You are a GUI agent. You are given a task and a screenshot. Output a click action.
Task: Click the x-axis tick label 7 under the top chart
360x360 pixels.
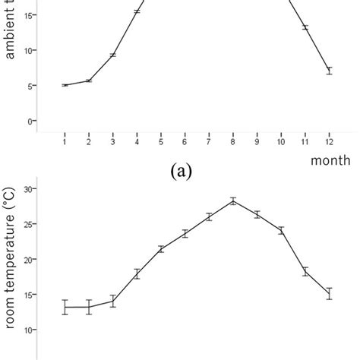tap(209, 142)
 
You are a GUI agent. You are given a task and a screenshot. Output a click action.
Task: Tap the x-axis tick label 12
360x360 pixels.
tap(329, 142)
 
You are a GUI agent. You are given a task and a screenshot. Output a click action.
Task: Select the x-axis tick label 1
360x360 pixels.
tap(65, 142)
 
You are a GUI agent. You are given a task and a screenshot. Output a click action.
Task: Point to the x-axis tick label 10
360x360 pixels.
tap(280, 142)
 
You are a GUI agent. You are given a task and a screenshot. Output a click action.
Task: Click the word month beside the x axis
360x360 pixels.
tap(330, 159)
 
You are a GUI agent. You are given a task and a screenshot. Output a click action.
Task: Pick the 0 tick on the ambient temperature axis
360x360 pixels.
tap(33, 122)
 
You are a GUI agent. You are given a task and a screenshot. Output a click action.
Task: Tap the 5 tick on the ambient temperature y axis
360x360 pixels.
tap(33, 86)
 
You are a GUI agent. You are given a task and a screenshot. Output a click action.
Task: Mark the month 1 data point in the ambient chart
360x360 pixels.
tap(65, 85)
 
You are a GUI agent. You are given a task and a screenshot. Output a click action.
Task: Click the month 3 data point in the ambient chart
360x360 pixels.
tap(112, 55)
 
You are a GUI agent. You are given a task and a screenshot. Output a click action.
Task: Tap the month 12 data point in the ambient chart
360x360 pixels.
tap(329, 71)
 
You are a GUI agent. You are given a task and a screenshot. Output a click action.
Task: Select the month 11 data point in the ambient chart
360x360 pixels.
tap(305, 27)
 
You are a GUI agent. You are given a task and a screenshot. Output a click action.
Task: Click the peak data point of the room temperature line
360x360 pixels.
tap(232, 201)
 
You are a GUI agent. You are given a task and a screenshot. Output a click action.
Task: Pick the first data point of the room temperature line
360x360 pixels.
tap(65, 307)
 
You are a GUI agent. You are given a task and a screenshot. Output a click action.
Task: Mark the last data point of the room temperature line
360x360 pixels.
tap(329, 294)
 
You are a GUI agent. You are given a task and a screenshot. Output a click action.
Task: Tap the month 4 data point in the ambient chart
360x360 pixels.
tap(137, 11)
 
